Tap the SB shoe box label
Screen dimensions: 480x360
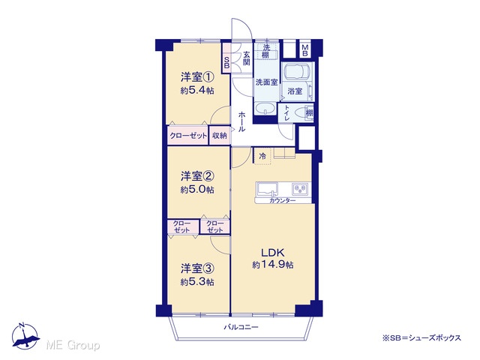[226, 62]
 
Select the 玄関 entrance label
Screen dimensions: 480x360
[247, 58]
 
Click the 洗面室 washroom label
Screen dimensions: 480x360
[267, 82]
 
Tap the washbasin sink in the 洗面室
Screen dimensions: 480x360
[265, 108]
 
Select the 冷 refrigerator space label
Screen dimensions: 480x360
[262, 157]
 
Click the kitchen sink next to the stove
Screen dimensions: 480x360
[267, 189]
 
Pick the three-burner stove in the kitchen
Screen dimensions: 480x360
[300, 189]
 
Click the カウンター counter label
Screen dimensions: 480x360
[282, 201]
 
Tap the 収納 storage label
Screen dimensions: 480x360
[220, 135]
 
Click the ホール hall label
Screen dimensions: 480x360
[241, 121]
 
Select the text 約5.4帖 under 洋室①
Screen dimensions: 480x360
[197, 91]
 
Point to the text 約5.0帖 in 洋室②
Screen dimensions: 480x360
[197, 190]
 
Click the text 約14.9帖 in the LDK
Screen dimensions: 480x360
[273, 265]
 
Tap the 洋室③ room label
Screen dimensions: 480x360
[197, 268]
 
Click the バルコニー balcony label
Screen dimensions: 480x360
[241, 327]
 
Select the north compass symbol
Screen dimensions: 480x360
[25, 336]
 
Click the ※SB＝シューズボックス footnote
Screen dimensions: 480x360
[421, 338]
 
